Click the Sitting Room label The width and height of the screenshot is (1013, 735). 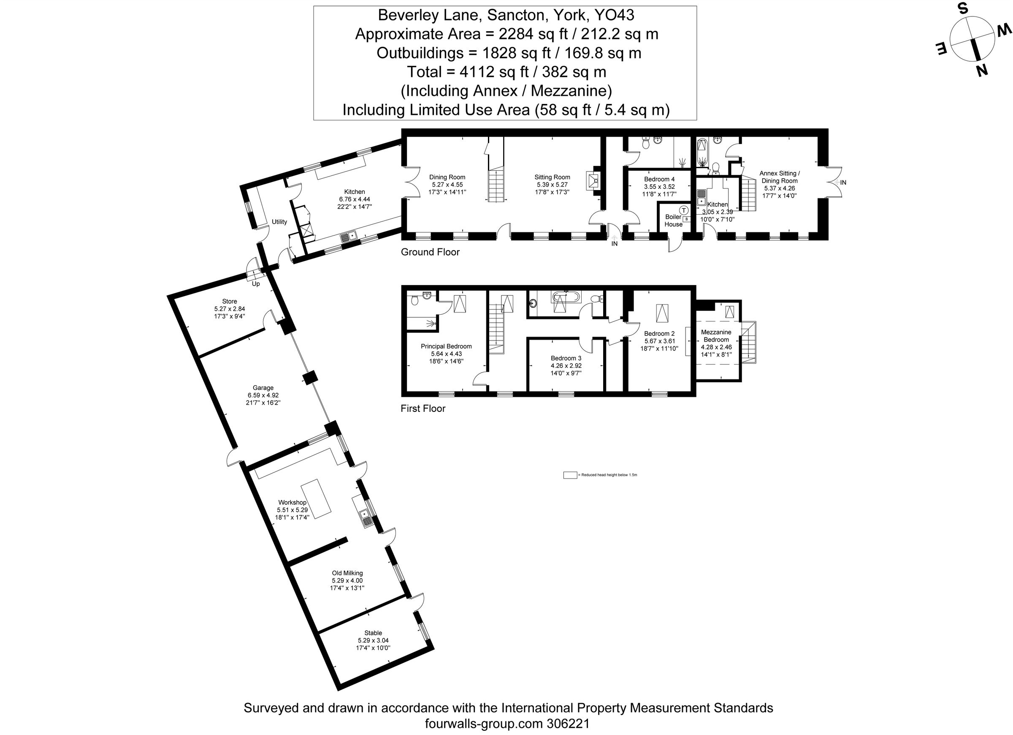click(552, 177)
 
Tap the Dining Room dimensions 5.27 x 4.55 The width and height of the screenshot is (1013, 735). click(447, 185)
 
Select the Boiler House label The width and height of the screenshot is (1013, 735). click(673, 220)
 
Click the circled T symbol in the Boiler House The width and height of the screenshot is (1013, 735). click(683, 210)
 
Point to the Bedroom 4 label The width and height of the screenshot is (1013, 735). click(659, 179)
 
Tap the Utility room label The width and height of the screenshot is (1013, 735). click(279, 222)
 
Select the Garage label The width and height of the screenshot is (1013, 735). click(263, 388)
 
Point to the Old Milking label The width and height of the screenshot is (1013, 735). click(347, 573)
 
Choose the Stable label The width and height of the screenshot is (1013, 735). click(373, 633)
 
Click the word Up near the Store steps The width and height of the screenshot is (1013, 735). click(256, 284)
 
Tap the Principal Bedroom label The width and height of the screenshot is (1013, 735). click(446, 346)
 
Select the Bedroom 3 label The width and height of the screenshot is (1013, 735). click(566, 358)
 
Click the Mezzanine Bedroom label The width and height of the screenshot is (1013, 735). click(716, 336)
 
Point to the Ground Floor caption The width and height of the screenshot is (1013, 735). click(430, 252)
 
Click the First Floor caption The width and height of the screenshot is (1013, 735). click(423, 408)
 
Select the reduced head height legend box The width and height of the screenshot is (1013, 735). click(570, 475)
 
